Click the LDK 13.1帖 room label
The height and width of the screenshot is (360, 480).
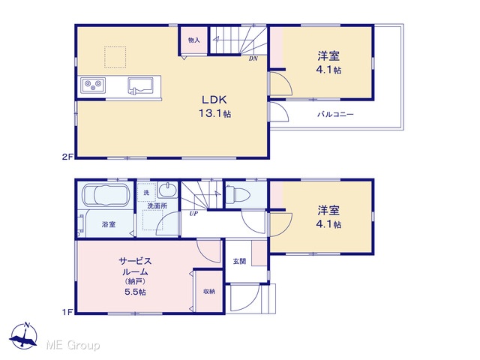215,106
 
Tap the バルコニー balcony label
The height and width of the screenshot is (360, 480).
335,115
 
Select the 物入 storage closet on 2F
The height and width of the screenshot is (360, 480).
193,40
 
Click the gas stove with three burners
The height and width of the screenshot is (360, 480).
93,85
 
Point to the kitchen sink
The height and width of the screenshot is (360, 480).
140,85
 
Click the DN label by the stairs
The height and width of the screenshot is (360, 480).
253,58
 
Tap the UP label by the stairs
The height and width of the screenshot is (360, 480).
193,214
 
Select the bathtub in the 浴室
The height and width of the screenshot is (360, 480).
105,195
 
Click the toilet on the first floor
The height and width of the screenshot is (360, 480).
238,193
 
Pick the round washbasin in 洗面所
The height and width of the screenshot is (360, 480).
167,190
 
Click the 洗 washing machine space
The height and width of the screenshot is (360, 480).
147,193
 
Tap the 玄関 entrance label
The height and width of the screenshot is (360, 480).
239,262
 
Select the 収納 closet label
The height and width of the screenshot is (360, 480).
209,292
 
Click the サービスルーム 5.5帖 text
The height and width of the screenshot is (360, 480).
135,277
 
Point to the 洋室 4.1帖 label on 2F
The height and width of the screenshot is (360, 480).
328,63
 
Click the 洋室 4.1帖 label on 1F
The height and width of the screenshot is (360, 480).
328,217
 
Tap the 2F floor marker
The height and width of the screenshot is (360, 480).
67,157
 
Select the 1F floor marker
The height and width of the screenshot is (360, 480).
67,312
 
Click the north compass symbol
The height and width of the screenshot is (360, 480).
23,336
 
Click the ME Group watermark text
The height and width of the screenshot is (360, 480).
73,345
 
